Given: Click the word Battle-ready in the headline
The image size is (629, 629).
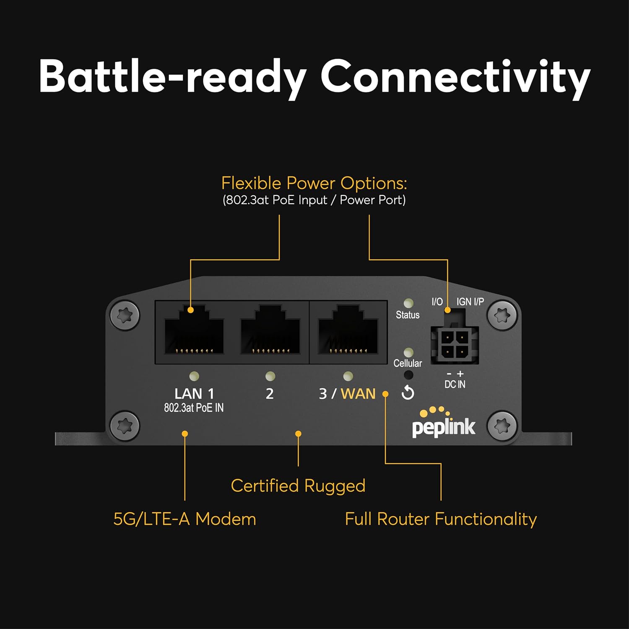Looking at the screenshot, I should coord(172,77).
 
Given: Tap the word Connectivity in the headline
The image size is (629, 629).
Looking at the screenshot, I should coord(455,77).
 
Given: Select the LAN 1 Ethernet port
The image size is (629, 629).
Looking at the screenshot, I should coord(194,331).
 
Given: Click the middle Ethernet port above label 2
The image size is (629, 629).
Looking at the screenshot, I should coord(270,331).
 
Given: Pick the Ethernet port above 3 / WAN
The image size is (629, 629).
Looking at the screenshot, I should coord(348,331).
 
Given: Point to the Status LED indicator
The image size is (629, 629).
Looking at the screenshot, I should coord(408,303).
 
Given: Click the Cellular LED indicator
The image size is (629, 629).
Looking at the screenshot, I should coord(408,353).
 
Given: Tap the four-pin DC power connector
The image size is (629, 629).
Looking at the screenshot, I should coord(455,344).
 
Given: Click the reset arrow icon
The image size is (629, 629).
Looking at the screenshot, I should coord(408,393).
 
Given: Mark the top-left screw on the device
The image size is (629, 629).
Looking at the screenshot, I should coord(125,315).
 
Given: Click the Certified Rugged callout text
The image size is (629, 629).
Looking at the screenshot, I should coord(298,486).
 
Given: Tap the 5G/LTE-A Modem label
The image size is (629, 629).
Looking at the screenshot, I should coord(185,519).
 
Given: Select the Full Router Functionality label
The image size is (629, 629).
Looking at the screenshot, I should coord(441,519).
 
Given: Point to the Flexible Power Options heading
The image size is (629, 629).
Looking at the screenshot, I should coord(314,183).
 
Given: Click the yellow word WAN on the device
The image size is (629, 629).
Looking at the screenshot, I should coord(358,394).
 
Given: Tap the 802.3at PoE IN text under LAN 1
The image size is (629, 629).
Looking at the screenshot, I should coord(194,408).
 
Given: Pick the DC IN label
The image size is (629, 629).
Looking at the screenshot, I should coord(455,384).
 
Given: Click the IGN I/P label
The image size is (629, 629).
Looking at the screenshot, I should coord(470,302).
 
